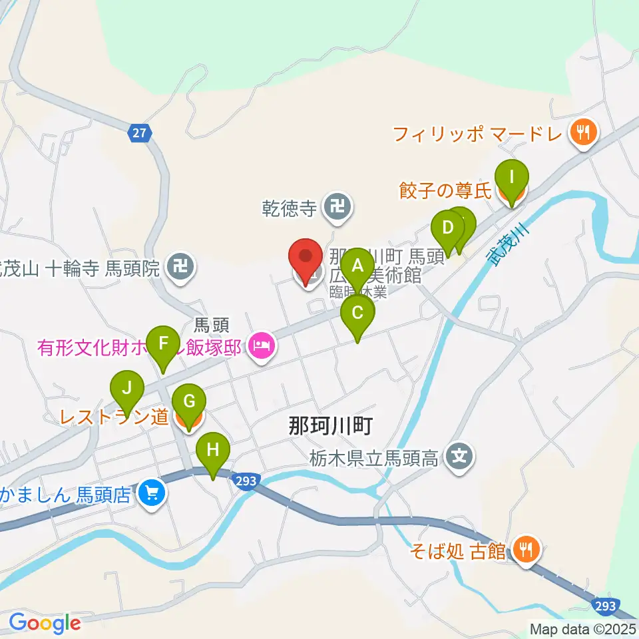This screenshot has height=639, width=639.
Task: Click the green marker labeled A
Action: click(x=357, y=268)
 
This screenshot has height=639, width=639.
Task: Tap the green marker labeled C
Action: click(x=357, y=314)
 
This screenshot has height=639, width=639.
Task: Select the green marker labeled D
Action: click(x=448, y=228)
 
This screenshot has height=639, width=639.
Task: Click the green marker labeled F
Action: click(x=163, y=345)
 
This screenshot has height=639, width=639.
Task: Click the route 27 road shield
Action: click(x=139, y=132)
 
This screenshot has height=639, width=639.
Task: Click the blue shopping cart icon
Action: click(x=152, y=493)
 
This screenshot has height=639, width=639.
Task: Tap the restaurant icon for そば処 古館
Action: click(x=527, y=549)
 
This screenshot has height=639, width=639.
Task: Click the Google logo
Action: click(x=45, y=622)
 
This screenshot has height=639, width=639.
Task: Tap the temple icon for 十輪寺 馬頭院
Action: click(x=180, y=268)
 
